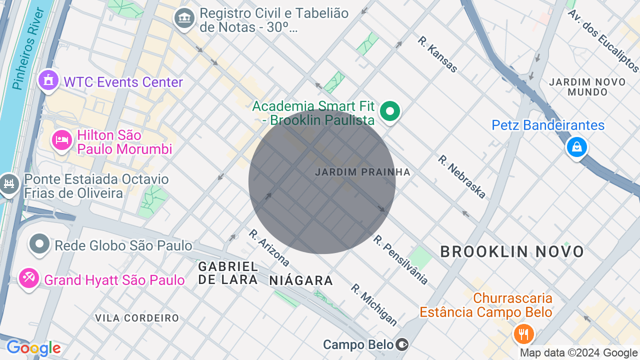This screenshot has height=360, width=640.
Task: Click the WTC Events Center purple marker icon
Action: [48, 80]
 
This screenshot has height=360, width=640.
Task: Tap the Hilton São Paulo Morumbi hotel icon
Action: [62, 140]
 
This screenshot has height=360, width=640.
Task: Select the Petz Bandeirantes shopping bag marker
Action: [576, 147]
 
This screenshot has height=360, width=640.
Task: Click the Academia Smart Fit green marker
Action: [390, 111]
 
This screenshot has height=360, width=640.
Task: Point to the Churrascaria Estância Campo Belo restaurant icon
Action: [523, 333]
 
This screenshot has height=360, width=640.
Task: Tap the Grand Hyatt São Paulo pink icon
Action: [28, 278]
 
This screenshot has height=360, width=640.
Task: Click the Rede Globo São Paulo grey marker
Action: [39, 244]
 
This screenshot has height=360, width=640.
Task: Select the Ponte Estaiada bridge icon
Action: [8, 184]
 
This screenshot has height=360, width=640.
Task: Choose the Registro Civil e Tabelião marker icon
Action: [184, 18]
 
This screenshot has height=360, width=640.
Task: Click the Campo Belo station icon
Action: [402, 344]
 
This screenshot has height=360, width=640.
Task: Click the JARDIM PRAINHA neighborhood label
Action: [362, 172]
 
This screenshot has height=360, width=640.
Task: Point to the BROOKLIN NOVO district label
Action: [512, 251]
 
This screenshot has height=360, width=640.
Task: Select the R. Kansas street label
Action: [437, 54]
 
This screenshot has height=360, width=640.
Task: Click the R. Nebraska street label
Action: [461, 176]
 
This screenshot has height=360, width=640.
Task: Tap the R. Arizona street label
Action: [269, 247]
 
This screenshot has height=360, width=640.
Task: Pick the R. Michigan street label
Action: [373, 304]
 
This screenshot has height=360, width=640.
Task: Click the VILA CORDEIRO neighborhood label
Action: [137, 318]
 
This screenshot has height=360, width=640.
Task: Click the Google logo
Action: [33, 348]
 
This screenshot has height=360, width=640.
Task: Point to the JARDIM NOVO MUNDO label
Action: [587, 87]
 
